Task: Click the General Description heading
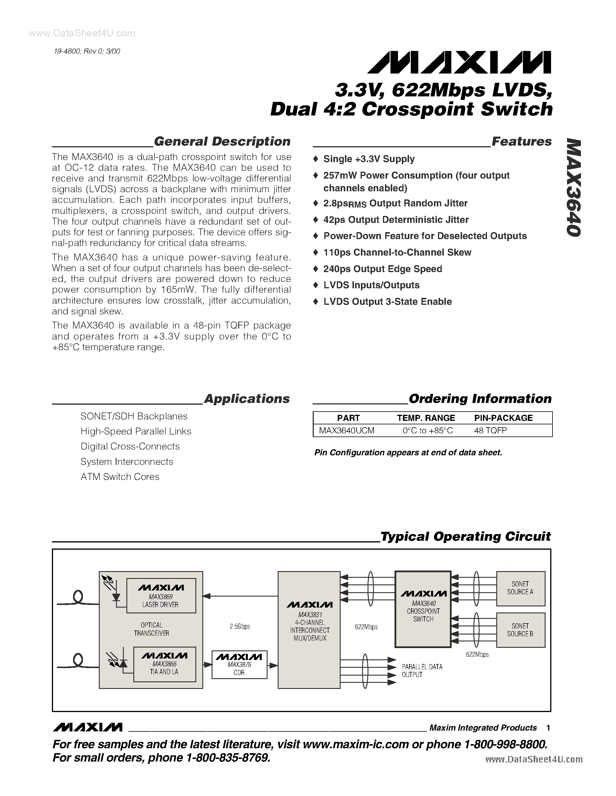pos(222,142)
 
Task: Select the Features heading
pos(521,142)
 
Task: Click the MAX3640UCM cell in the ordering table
pos(347,430)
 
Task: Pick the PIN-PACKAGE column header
pos(503,418)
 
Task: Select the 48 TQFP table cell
pos(490,430)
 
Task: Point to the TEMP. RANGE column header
pos(426,418)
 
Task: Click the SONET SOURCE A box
pos(520,588)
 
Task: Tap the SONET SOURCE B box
pos(520,630)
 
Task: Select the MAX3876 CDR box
pos(239,664)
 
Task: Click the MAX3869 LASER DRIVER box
pos(161,595)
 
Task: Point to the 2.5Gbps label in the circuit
pos(240,626)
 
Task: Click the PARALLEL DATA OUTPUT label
pos(422,671)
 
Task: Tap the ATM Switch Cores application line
pos(120,477)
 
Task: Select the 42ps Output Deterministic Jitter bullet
pos(396,220)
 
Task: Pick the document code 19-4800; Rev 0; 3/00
pos(87,52)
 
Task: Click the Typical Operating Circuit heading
pos(465,536)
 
